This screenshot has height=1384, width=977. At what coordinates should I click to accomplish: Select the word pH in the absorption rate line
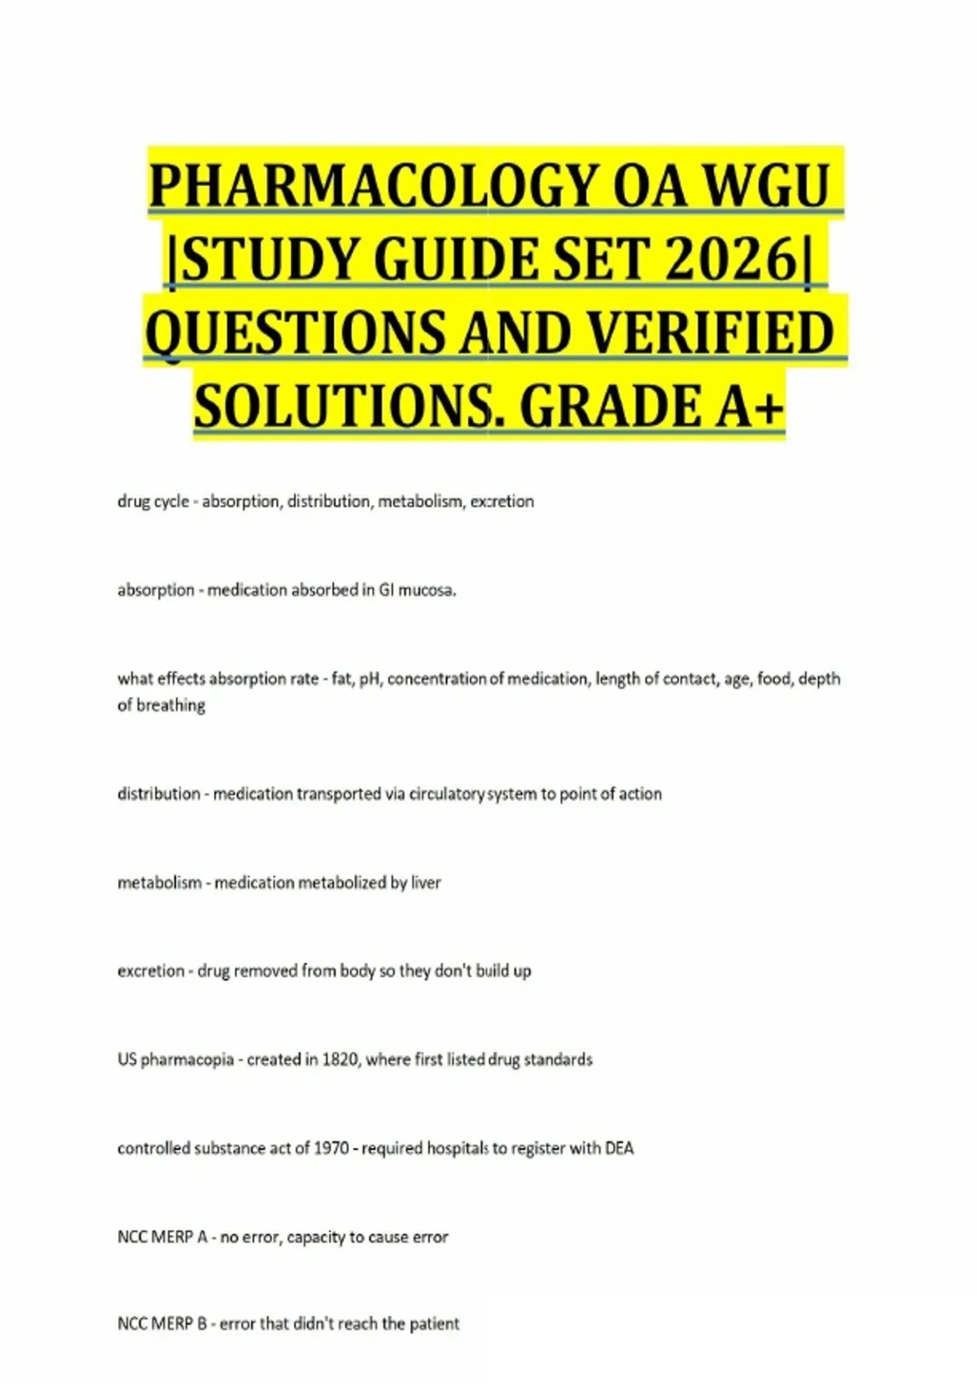[x=370, y=679]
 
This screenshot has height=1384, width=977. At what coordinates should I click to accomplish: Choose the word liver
[x=426, y=883]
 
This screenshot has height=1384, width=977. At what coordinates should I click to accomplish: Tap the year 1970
[x=331, y=1149]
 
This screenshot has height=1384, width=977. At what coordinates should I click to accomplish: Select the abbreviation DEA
[x=619, y=1149]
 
